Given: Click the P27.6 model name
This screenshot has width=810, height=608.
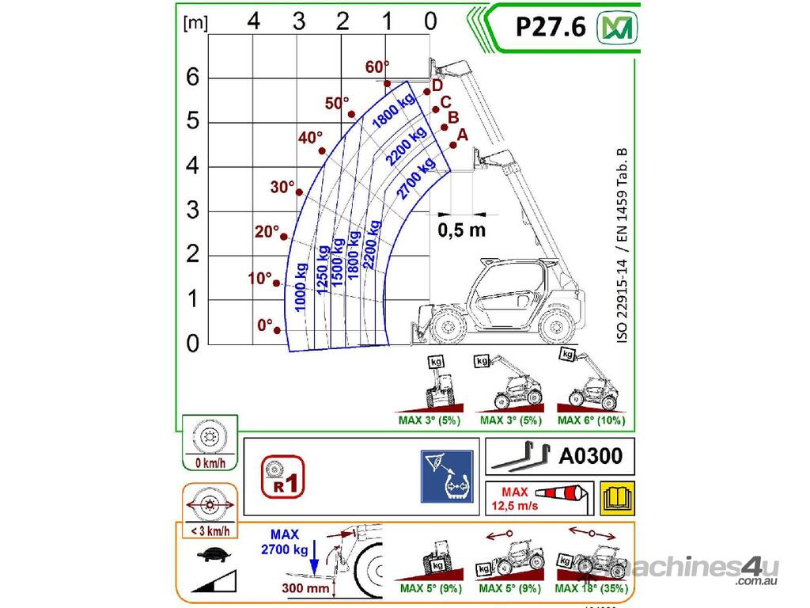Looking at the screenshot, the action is click(x=551, y=27).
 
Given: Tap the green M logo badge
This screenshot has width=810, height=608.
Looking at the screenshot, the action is click(x=617, y=28).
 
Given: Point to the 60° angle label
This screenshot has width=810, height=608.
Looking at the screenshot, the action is click(x=377, y=66).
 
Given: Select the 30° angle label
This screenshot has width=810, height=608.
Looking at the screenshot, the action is click(x=282, y=187).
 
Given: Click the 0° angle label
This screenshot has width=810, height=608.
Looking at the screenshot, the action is click(x=265, y=325).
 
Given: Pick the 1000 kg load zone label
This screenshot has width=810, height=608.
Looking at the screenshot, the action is click(x=301, y=287).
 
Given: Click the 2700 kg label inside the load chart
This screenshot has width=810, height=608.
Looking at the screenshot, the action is click(x=416, y=179).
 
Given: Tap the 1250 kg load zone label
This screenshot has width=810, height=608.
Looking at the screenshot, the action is click(x=323, y=270).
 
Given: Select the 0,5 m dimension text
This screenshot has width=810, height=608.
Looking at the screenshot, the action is click(x=462, y=230).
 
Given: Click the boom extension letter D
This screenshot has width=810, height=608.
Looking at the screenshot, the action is click(x=437, y=85).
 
